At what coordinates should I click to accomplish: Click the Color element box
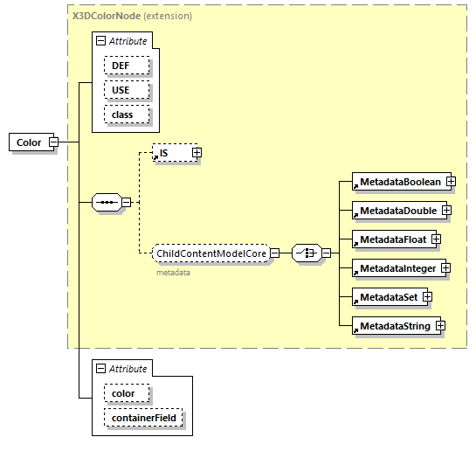point(29,142)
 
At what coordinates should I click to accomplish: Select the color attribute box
point(124,393)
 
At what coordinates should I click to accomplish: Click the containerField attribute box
point(143,419)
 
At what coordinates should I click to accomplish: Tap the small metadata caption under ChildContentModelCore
point(174,273)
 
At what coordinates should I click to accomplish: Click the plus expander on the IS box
point(197,153)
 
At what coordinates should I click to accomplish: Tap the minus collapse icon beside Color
point(53,142)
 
